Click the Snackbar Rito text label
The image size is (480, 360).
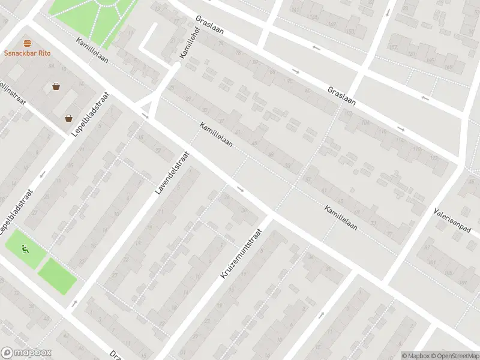point(28,53)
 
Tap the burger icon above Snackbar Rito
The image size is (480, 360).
point(28,43)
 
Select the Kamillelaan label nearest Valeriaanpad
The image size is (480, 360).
point(341,218)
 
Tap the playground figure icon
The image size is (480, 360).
point(25,249)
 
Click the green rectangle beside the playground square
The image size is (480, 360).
point(58,275)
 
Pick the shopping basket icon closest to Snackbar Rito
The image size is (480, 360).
point(56,86)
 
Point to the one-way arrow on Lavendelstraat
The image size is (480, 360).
point(74,303)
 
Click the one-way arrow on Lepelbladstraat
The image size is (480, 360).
point(43,175)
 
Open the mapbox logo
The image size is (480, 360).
point(26,353)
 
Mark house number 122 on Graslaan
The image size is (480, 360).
point(433,157)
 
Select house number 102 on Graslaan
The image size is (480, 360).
point(349,112)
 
